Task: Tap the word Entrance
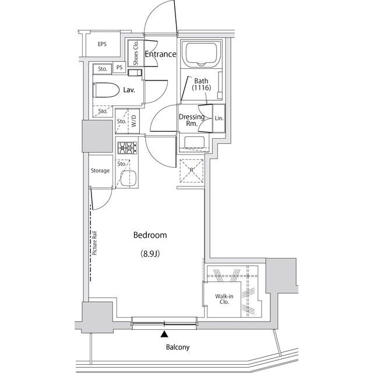[160, 54]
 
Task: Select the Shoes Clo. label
[135, 53]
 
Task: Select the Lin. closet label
[219, 118]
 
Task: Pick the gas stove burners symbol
[126, 149]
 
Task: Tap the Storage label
[100, 171]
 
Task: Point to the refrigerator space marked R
[191, 171]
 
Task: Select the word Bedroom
[150, 235]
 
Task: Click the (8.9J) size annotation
[150, 254]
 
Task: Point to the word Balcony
[177, 347]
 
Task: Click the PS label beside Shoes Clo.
[119, 68]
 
